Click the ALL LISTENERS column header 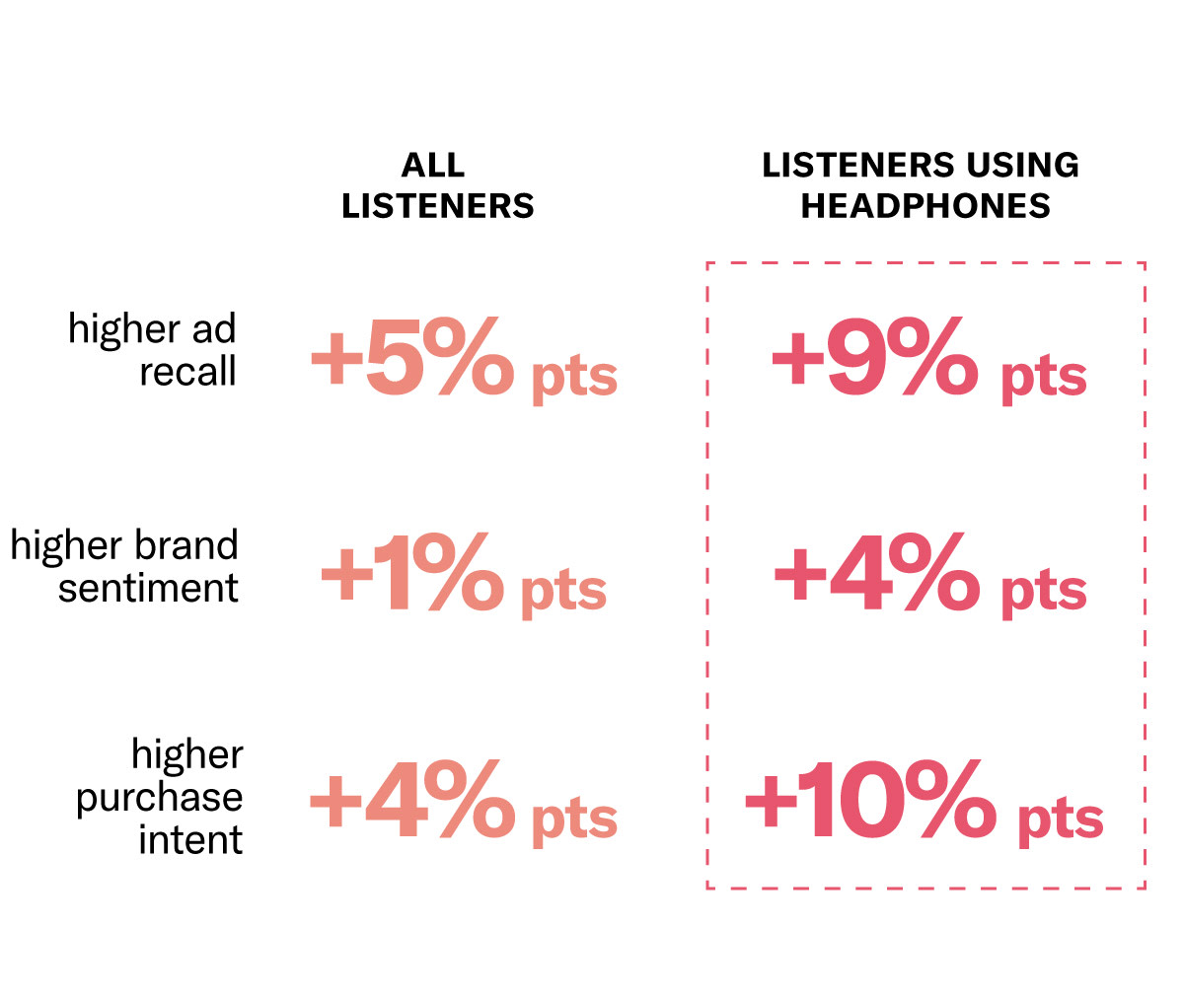click(437, 185)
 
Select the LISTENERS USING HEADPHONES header click(921, 185)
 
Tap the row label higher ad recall click(153, 350)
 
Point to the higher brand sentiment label click(125, 566)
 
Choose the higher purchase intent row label click(161, 797)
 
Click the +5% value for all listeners click(412, 360)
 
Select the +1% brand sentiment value click(412, 575)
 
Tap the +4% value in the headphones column click(876, 575)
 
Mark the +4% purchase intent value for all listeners click(412, 800)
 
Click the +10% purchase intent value click(870, 800)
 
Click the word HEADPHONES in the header click(925, 206)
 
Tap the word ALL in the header click(433, 165)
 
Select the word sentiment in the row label click(148, 589)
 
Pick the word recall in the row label click(187, 372)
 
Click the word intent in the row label click(190, 840)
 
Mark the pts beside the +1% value click(562, 592)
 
